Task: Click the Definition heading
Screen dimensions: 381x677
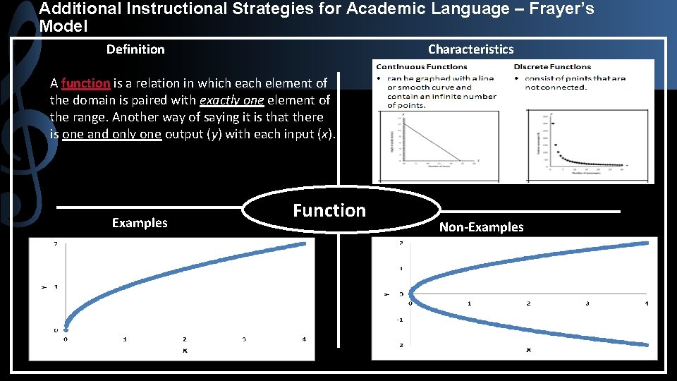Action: coord(135,49)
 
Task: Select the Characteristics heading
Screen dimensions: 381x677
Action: coord(470,49)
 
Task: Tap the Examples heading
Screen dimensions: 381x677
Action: coord(140,223)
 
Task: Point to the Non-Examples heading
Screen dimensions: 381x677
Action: coord(481,227)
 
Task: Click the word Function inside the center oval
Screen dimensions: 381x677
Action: coord(329,210)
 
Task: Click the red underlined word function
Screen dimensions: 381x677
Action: coord(86,83)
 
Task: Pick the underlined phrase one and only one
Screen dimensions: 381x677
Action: coord(112,134)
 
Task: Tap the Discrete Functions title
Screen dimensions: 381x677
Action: coord(552,67)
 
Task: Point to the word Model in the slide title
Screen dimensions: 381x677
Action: coord(63,26)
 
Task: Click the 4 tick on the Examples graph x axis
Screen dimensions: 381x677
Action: coord(304,339)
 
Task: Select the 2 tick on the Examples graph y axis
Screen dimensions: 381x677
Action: coord(56,245)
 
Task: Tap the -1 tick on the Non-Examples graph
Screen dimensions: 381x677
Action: coord(400,320)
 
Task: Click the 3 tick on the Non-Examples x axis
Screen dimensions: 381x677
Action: coord(587,303)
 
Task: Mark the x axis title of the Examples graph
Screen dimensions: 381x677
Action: coord(185,349)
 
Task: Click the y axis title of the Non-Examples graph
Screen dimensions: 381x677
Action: coord(386,294)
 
